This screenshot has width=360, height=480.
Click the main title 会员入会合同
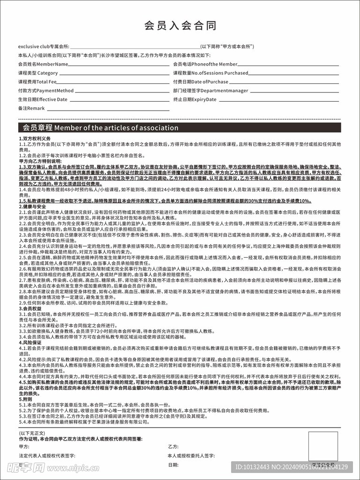point(180,25)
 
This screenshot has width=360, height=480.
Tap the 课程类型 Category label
point(38,73)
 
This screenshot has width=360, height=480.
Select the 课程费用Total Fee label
point(37,82)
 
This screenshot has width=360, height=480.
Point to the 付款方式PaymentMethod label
point(46,90)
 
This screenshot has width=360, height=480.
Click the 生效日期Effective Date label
point(43,99)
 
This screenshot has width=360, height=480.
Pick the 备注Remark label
point(31,108)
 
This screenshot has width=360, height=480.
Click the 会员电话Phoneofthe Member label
point(205,64)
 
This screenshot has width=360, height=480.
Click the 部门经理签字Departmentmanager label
point(210,90)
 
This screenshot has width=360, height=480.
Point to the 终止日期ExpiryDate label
point(195,99)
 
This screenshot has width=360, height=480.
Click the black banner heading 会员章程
point(98,127)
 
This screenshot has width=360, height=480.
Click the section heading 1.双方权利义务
point(35,139)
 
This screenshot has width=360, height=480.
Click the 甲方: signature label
point(23,447)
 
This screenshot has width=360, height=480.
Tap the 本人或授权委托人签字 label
point(191,456)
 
